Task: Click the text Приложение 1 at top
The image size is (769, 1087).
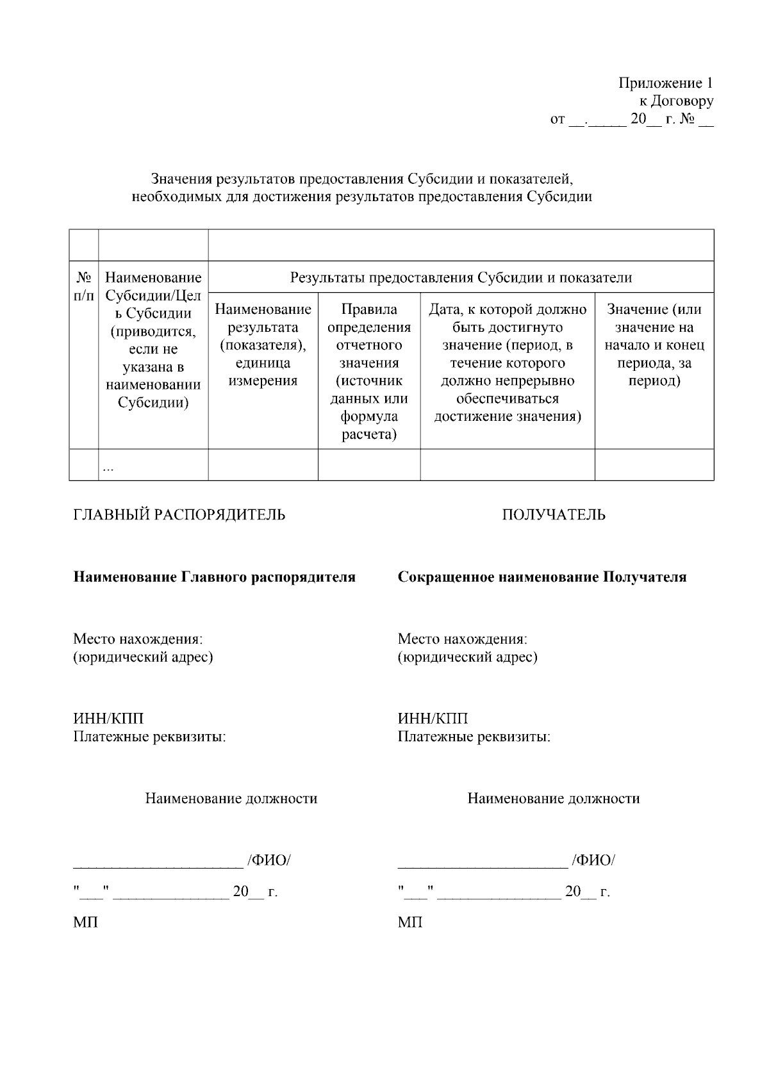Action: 665,83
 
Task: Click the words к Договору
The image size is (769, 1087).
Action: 675,101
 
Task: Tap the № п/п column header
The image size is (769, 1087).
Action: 83,286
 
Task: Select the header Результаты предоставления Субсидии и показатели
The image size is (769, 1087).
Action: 461,277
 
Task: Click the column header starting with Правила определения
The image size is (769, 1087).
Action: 369,372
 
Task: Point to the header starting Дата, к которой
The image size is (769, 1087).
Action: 508,363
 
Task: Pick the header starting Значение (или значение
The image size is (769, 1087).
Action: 654,345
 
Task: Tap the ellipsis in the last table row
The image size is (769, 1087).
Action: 108,469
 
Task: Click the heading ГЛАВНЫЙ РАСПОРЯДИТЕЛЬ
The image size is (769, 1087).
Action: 179,515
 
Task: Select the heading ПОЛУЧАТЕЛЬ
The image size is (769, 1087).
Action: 553,515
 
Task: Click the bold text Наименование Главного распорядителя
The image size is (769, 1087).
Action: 214,577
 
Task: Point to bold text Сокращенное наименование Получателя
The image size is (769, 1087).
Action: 542,577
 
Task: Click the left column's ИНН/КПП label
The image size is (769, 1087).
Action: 108,719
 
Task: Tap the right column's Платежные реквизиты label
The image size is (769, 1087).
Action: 474,737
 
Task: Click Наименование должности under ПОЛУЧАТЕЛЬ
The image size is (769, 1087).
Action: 553,799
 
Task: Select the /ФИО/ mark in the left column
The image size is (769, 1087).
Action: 269,860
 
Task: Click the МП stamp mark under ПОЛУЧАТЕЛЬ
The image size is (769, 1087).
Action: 409,922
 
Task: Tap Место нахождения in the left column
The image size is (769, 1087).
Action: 138,639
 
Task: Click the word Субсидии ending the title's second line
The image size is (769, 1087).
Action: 558,197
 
